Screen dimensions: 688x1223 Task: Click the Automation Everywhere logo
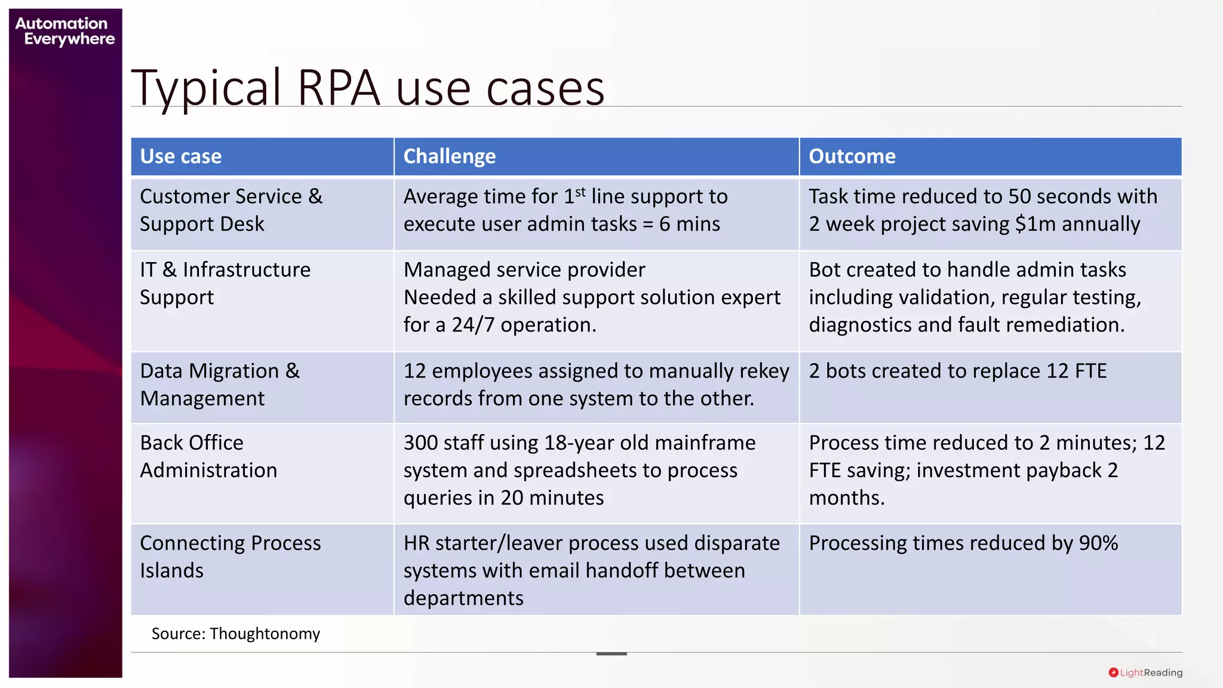coord(64,31)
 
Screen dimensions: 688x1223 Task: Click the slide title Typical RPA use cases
coord(368,88)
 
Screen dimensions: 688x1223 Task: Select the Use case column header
coord(181,156)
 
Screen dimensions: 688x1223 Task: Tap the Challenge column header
coord(450,156)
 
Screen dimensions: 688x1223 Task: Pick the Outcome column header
coord(852,156)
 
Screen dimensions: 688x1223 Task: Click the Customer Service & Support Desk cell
coord(231,210)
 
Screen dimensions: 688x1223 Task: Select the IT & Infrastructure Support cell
coord(225,284)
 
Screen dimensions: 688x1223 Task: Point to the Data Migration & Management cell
coord(220,385)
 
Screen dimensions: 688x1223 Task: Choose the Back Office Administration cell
coord(208,456)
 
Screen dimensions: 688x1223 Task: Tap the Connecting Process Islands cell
coord(231,557)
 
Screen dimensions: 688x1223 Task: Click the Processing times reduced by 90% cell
coord(963,543)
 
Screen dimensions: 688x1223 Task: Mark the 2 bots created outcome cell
coord(958,371)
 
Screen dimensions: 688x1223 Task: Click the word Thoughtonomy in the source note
coord(265,634)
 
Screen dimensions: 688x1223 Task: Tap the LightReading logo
coord(1145,672)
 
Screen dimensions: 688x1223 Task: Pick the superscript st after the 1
coord(580,192)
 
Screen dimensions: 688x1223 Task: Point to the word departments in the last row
coord(463,598)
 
